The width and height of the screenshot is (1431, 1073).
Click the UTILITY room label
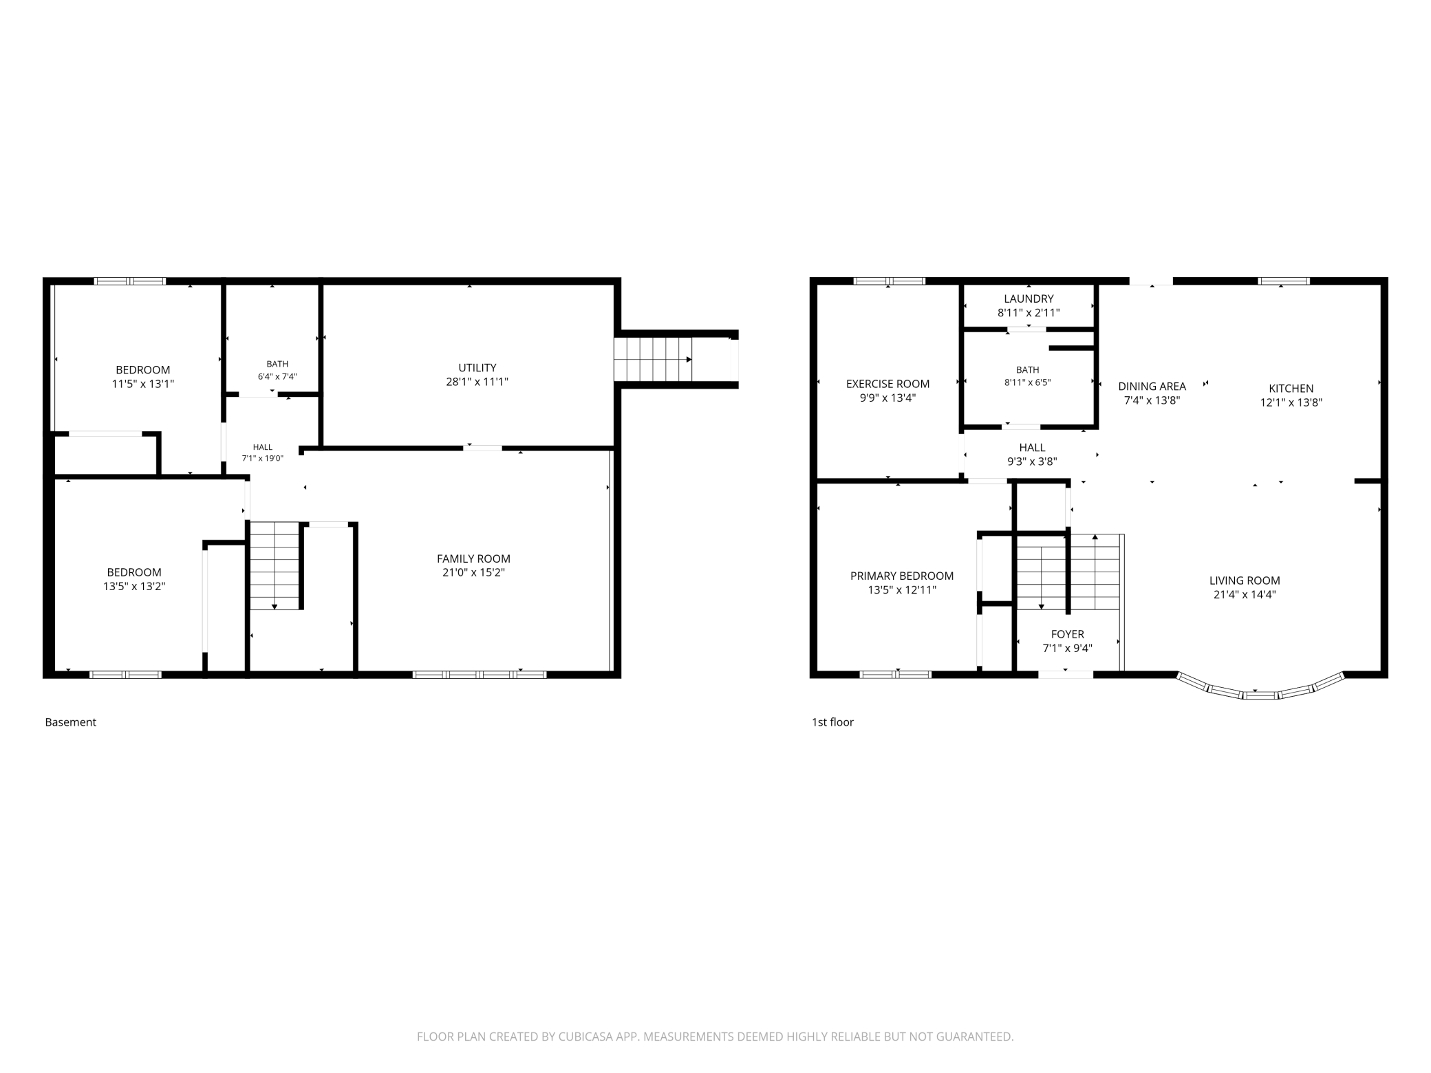pos(477,368)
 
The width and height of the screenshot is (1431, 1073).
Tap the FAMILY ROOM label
pos(473,559)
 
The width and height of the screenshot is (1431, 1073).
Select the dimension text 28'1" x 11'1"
pos(477,382)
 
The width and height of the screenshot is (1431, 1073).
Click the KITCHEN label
pos(1291,389)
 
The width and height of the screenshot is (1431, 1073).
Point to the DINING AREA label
pos(1152,387)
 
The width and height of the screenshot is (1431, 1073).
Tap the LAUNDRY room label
pos(1029,299)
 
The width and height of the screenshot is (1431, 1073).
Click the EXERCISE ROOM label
pos(887,384)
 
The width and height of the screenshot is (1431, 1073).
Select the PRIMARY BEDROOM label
pos(902,576)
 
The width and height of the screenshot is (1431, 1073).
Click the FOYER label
pos(1068,634)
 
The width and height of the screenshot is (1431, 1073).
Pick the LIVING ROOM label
pos(1245,581)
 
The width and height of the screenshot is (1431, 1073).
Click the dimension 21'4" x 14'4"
pos(1245,595)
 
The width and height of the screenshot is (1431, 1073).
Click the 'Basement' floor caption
pos(70,722)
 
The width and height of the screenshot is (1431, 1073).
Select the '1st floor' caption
pos(832,722)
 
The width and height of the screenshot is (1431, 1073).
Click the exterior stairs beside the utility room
pos(653,359)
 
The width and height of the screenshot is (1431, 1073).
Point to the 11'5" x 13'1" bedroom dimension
pos(143,384)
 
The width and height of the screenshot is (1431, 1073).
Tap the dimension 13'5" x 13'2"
pos(134,587)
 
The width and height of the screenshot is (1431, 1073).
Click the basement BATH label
pos(277,364)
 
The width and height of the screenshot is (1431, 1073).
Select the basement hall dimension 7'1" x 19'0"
pos(262,458)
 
